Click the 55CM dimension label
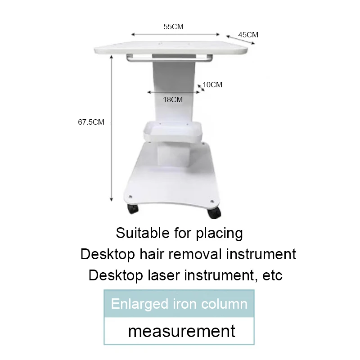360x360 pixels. [173, 27]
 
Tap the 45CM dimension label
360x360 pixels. [248, 35]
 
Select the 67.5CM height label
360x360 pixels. [91, 122]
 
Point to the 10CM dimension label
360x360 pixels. [212, 85]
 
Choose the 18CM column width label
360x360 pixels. [173, 99]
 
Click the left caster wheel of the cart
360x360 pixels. [133, 209]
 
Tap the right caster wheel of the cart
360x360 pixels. [214, 213]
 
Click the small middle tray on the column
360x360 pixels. [173, 131]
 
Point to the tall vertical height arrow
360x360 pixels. [111, 128]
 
